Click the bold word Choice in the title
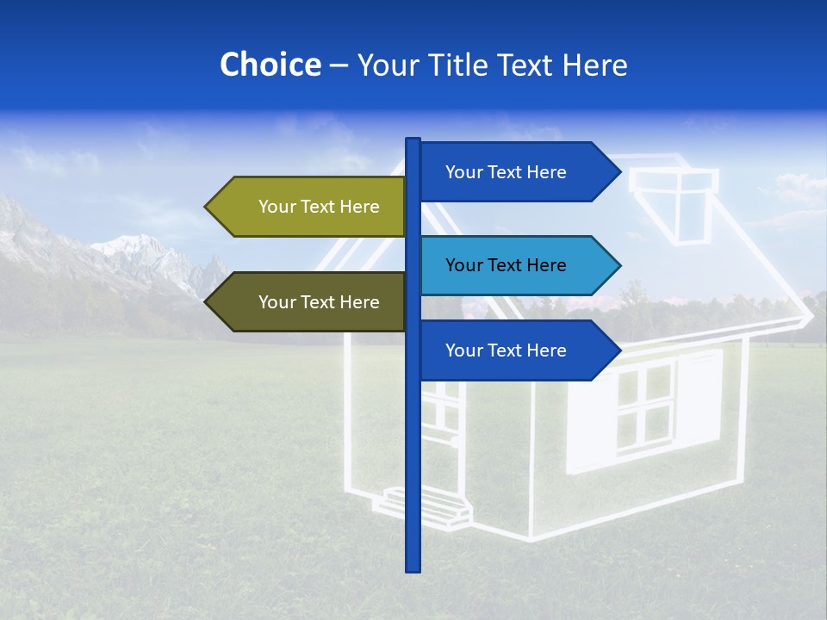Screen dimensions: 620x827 270,65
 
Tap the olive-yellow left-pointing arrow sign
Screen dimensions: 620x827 310,207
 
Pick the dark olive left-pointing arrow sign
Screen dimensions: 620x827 310,302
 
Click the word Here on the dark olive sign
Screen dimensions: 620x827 359,302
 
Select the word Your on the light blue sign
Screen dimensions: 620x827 463,265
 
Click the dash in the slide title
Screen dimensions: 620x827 339,66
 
